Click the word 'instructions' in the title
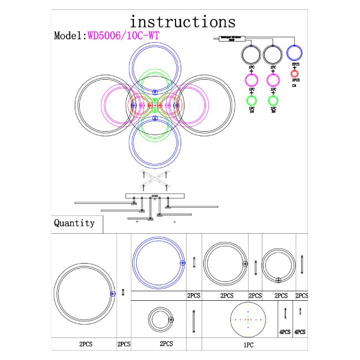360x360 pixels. (x=182, y=22)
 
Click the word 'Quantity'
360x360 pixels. (x=74, y=224)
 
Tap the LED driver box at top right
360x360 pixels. (x=229, y=38)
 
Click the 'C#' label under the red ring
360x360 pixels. (x=294, y=85)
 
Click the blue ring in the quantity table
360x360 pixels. (x=158, y=263)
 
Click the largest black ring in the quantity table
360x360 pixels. (x=85, y=293)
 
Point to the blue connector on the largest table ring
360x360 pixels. (x=112, y=294)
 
